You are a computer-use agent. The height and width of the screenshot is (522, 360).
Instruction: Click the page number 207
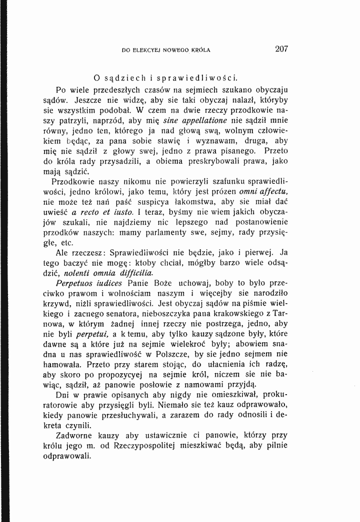coord(282,49)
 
